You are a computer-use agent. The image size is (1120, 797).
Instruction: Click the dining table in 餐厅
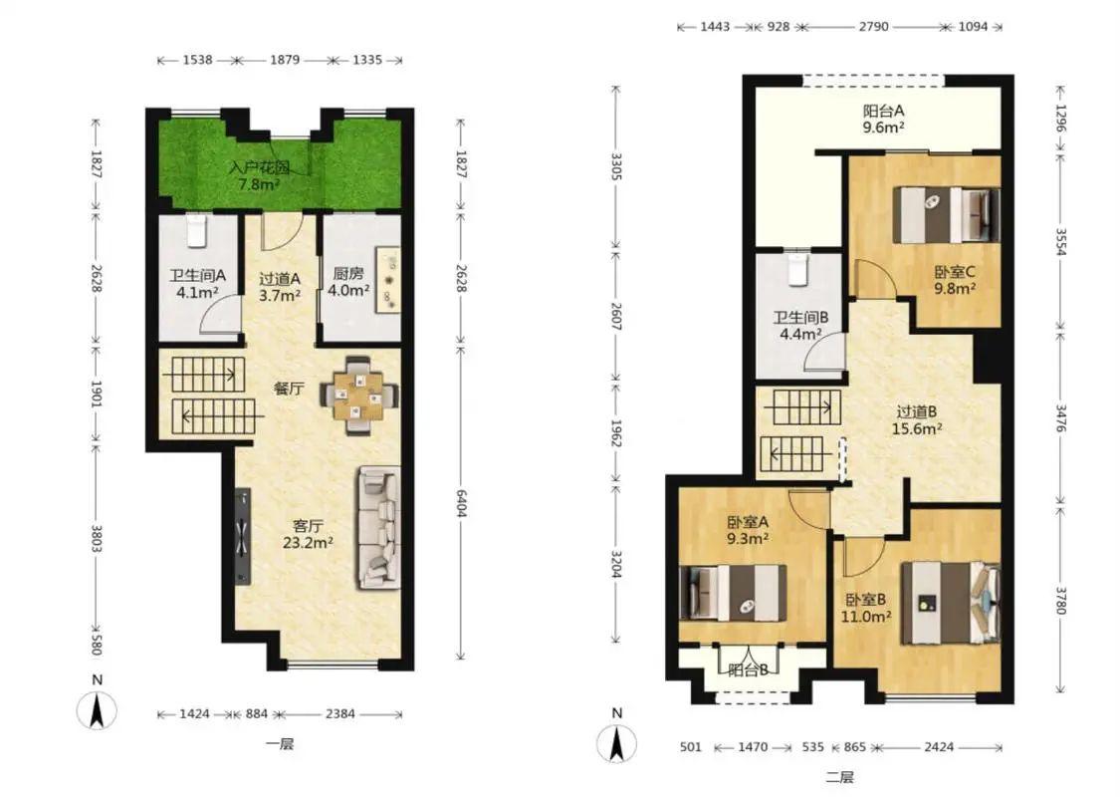coord(358,395)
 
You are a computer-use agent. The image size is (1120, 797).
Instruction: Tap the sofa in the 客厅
coord(378,528)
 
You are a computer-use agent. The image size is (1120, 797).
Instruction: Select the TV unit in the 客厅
coord(243,536)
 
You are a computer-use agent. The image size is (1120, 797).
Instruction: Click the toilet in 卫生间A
coord(196,231)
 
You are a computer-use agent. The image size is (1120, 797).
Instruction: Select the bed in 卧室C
coord(947,215)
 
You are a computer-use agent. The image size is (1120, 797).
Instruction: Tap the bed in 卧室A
coord(733,593)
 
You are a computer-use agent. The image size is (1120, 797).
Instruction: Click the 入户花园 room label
coord(259,168)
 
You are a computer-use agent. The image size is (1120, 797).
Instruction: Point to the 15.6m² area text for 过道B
coord(917,428)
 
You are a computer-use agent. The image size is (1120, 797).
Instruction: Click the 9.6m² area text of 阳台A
coord(884,128)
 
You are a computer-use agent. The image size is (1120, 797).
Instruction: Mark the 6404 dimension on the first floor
coord(461,504)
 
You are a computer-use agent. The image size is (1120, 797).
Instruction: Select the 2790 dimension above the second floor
coord(873,27)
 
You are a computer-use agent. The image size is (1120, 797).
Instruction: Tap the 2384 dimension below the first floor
coord(340,713)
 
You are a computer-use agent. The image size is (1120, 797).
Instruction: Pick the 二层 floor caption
coord(840,777)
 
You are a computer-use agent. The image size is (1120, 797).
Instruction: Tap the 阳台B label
coord(749,669)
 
